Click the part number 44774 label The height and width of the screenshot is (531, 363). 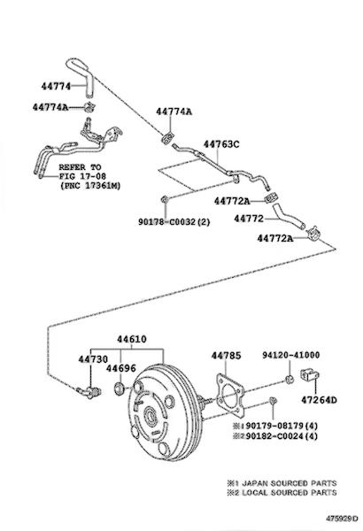click(x=57, y=87)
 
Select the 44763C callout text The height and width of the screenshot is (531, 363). click(x=221, y=144)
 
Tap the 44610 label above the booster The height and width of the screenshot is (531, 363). click(x=132, y=339)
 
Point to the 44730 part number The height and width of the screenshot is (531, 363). click(x=93, y=359)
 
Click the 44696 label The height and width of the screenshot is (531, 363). click(x=121, y=368)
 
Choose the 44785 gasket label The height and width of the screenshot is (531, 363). click(x=226, y=356)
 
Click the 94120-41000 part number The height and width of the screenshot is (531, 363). click(x=290, y=355)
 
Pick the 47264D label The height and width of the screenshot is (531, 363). click(x=319, y=400)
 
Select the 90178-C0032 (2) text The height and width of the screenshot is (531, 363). click(x=174, y=222)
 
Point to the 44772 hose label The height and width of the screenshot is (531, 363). click(x=249, y=219)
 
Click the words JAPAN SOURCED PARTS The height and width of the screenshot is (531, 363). click(x=290, y=483)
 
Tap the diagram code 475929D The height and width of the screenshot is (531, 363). click(x=342, y=519)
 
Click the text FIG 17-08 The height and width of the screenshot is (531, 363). click(x=82, y=176)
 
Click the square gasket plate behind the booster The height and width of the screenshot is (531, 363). click(x=230, y=396)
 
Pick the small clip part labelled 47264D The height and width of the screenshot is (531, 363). click(x=310, y=374)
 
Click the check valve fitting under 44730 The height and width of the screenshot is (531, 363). click(x=89, y=392)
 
